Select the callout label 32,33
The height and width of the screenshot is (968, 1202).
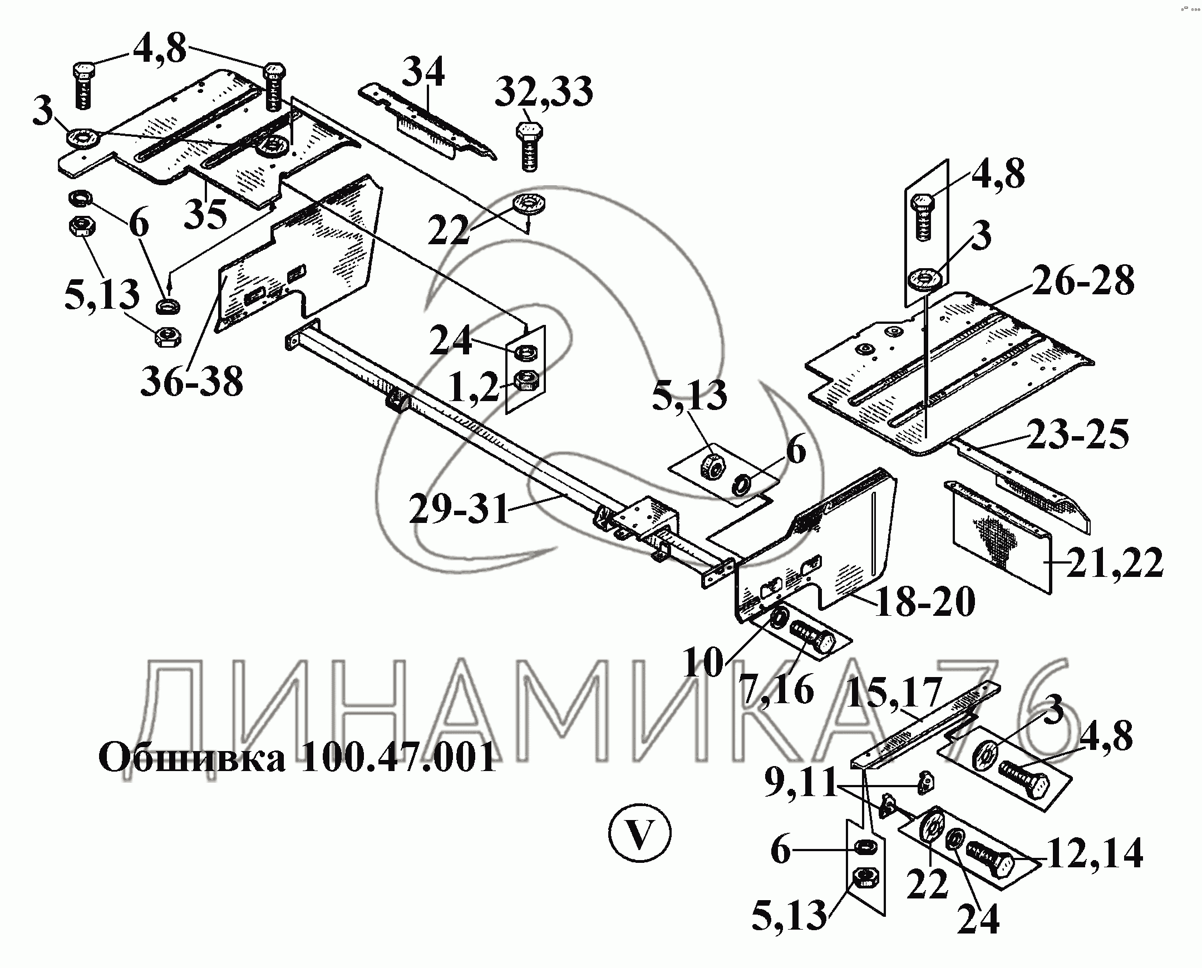(544, 92)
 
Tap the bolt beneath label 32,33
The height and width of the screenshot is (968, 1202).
(528, 147)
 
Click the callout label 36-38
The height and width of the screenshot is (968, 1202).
(191, 382)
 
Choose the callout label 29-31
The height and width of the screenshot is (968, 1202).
(459, 509)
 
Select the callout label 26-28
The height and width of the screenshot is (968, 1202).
(1083, 280)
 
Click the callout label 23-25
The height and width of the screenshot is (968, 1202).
(1077, 435)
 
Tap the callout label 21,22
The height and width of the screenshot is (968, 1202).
(1115, 564)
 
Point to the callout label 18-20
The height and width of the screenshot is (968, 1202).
(925, 601)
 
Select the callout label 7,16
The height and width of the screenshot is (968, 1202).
(776, 690)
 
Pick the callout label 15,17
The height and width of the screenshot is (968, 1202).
(894, 692)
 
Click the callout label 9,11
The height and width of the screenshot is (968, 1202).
(800, 782)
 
